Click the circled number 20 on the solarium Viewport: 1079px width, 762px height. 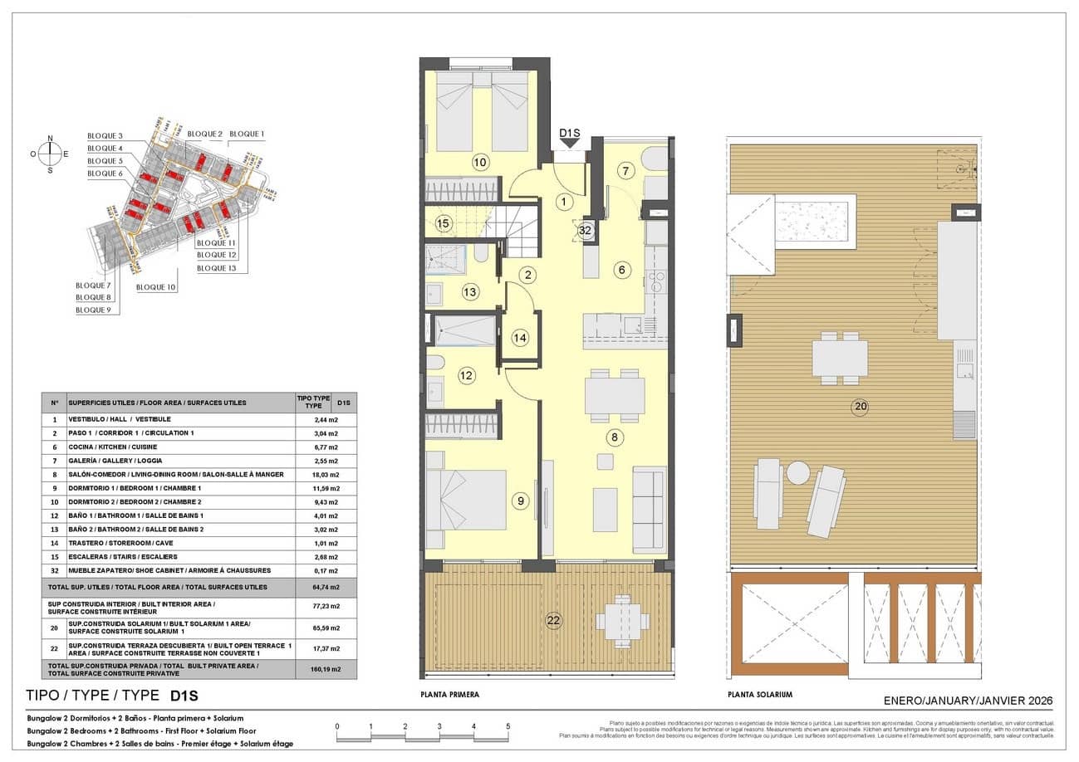tap(859, 406)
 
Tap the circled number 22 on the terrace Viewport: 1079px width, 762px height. tap(554, 619)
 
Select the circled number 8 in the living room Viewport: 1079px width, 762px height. tap(615, 437)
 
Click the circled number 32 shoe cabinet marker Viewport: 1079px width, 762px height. tap(586, 232)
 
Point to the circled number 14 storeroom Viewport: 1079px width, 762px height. tap(520, 338)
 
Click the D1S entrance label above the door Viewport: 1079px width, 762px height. tap(570, 132)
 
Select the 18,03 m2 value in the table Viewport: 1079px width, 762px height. tap(326, 474)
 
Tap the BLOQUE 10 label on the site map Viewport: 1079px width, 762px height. tap(156, 287)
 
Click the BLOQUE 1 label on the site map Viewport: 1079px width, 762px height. tap(247, 134)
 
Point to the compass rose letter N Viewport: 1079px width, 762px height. tap(51, 139)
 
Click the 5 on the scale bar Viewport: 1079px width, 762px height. tap(508, 726)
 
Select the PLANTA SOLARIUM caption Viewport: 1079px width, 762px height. tap(759, 694)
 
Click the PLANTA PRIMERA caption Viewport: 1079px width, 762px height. tap(450, 694)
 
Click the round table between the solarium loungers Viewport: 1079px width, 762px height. tap(798, 472)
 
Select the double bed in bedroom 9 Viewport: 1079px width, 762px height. tap(466, 500)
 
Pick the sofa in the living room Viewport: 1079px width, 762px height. tap(649, 509)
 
